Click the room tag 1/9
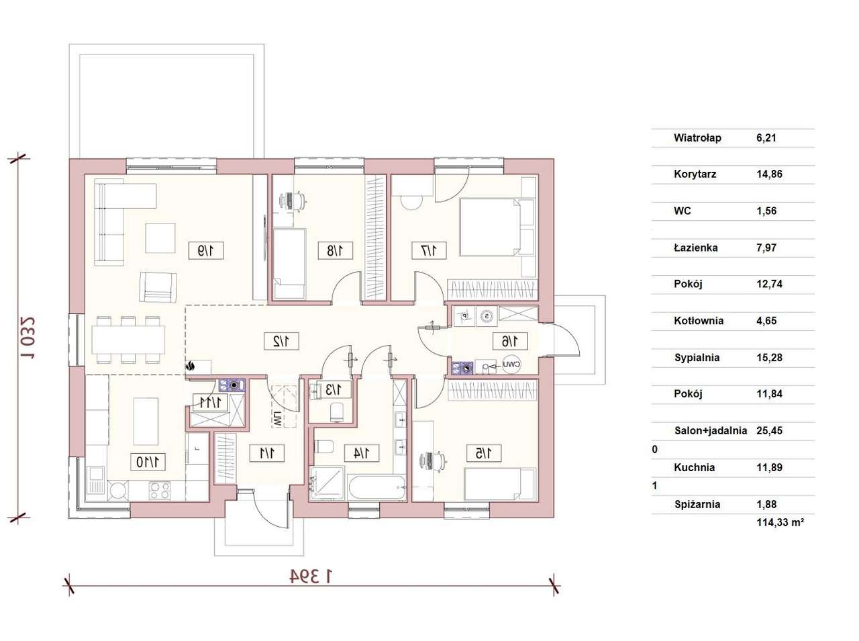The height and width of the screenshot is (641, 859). [x=205, y=250]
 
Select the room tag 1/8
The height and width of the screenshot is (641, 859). [x=336, y=250]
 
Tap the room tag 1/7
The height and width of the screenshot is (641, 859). [x=429, y=250]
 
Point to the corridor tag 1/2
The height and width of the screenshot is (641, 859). [x=281, y=341]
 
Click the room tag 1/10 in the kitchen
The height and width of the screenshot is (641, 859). [x=148, y=462]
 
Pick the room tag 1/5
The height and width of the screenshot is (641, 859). [x=484, y=453]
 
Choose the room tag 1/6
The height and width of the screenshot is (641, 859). [x=510, y=341]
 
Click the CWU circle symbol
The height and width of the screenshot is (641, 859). [x=511, y=364]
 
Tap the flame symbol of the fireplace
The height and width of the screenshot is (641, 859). [x=191, y=366]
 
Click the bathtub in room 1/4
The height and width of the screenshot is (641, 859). [x=376, y=487]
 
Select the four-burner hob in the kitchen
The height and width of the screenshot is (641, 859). [x=160, y=491]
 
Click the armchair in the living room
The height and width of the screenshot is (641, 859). [x=158, y=287]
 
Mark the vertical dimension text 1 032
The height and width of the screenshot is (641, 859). [x=28, y=338]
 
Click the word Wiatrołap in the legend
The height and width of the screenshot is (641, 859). [x=697, y=138]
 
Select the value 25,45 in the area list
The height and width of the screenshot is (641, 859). [x=769, y=430]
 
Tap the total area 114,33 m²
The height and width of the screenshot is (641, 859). [x=780, y=522]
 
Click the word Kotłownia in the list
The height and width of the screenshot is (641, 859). [x=699, y=321]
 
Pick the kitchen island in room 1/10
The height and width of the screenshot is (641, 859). [x=146, y=421]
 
